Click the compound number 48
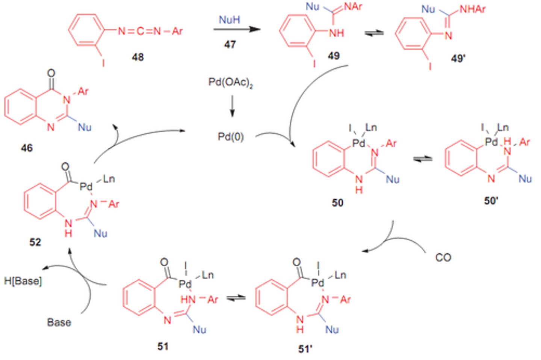(x=138, y=57)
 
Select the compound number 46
(x=27, y=148)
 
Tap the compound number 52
(x=35, y=242)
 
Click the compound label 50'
(x=491, y=201)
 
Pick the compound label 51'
(x=305, y=349)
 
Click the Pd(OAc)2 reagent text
(x=231, y=83)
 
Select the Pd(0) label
(x=231, y=137)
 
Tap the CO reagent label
(x=443, y=258)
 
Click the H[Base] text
(x=23, y=281)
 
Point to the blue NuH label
(x=229, y=20)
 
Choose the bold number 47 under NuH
(x=230, y=44)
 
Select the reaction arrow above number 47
(x=237, y=29)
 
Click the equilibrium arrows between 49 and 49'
(x=374, y=33)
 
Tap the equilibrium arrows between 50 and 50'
(x=423, y=159)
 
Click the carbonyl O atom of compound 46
(x=51, y=73)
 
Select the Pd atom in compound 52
(x=86, y=187)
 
